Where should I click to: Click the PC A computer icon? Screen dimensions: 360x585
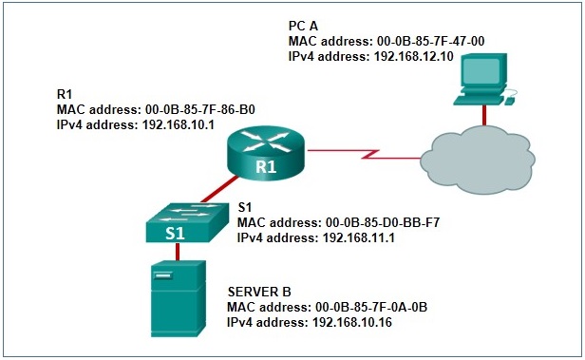pos(483,81)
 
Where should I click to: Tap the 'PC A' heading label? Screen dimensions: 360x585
pos(304,24)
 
